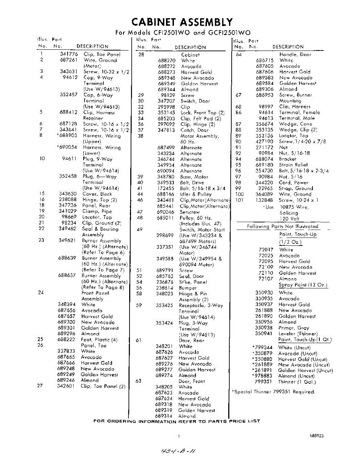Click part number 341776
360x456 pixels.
[69, 54]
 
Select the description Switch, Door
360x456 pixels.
[195, 101]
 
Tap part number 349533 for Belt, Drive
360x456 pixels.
[166, 183]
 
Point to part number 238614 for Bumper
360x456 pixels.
[166, 288]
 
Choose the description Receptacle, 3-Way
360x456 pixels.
[201, 306]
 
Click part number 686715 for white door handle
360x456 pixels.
[265, 60]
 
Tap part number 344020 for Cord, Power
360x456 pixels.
[265, 182]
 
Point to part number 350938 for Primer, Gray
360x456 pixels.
[264, 328]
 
